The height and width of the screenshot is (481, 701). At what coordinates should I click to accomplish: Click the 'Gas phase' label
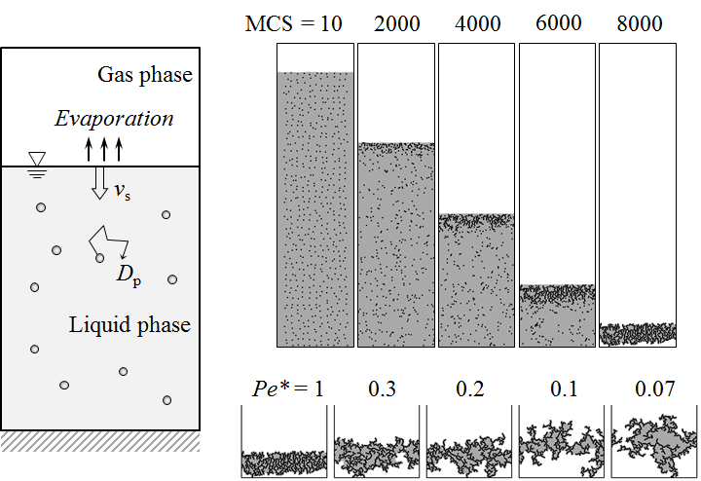(145, 75)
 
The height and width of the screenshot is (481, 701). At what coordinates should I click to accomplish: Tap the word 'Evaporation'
(114, 120)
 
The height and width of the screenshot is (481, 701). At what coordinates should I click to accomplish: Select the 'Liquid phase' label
(129, 325)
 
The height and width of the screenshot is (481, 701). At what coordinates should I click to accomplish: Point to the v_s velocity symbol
(122, 192)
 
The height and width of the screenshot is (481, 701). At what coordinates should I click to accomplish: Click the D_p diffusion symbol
(128, 274)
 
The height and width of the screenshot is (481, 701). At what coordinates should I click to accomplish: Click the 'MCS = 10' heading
(293, 23)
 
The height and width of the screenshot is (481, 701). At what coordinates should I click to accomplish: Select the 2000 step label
(396, 23)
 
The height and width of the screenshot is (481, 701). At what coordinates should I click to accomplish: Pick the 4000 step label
(476, 23)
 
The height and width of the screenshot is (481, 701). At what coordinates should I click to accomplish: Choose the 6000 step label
(557, 23)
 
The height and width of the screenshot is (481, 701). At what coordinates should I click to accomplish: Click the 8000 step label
(638, 23)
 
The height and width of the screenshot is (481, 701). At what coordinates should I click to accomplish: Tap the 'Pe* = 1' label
(283, 388)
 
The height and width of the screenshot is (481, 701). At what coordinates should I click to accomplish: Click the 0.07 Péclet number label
(654, 388)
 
